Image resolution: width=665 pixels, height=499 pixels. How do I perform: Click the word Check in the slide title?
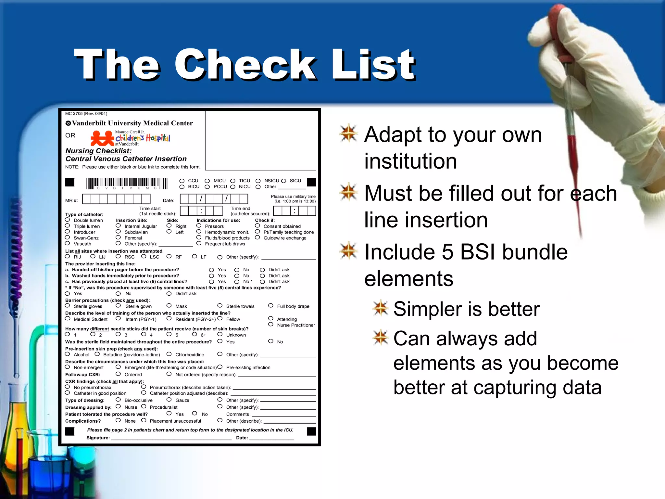(245, 65)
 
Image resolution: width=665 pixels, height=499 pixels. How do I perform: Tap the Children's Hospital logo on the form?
(130, 138)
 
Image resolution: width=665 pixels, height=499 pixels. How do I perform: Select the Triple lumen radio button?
(68, 226)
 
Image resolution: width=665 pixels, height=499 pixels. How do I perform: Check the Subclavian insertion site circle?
(118, 232)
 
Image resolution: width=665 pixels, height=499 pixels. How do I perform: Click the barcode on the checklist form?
(127, 183)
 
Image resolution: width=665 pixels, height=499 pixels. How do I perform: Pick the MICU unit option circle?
(207, 181)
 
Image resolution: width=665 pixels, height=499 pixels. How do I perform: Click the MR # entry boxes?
(116, 199)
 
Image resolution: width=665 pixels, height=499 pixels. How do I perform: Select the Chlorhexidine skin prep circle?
(169, 354)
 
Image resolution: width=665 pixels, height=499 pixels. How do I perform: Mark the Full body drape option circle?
(271, 306)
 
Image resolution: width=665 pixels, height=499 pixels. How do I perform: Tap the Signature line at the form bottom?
(171, 438)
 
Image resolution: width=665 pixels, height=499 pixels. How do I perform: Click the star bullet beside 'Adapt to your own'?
(349, 133)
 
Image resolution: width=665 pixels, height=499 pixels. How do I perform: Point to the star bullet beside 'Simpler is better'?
(381, 308)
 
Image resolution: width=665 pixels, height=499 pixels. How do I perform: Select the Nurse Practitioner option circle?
(271, 325)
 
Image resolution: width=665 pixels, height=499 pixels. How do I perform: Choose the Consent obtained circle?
(257, 226)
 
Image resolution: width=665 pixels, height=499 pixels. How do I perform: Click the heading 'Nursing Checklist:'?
(98, 151)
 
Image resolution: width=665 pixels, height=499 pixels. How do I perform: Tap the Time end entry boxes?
(294, 211)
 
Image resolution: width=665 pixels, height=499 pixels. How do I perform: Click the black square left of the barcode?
(70, 182)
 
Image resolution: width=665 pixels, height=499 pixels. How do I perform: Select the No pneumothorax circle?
(68, 387)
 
